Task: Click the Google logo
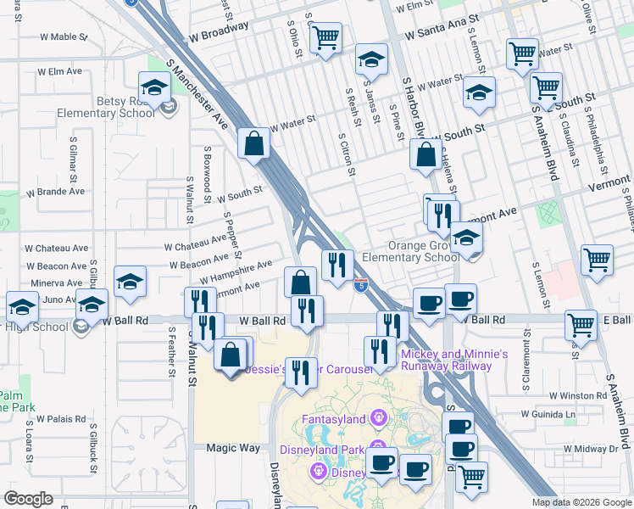click(x=28, y=499)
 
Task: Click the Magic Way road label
click(x=233, y=447)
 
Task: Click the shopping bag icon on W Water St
click(x=254, y=145)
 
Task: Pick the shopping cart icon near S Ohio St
click(x=325, y=38)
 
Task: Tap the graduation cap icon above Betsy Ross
click(x=155, y=87)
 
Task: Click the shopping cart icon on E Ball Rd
click(x=581, y=324)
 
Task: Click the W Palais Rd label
click(x=61, y=418)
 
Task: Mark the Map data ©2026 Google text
click(x=581, y=502)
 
